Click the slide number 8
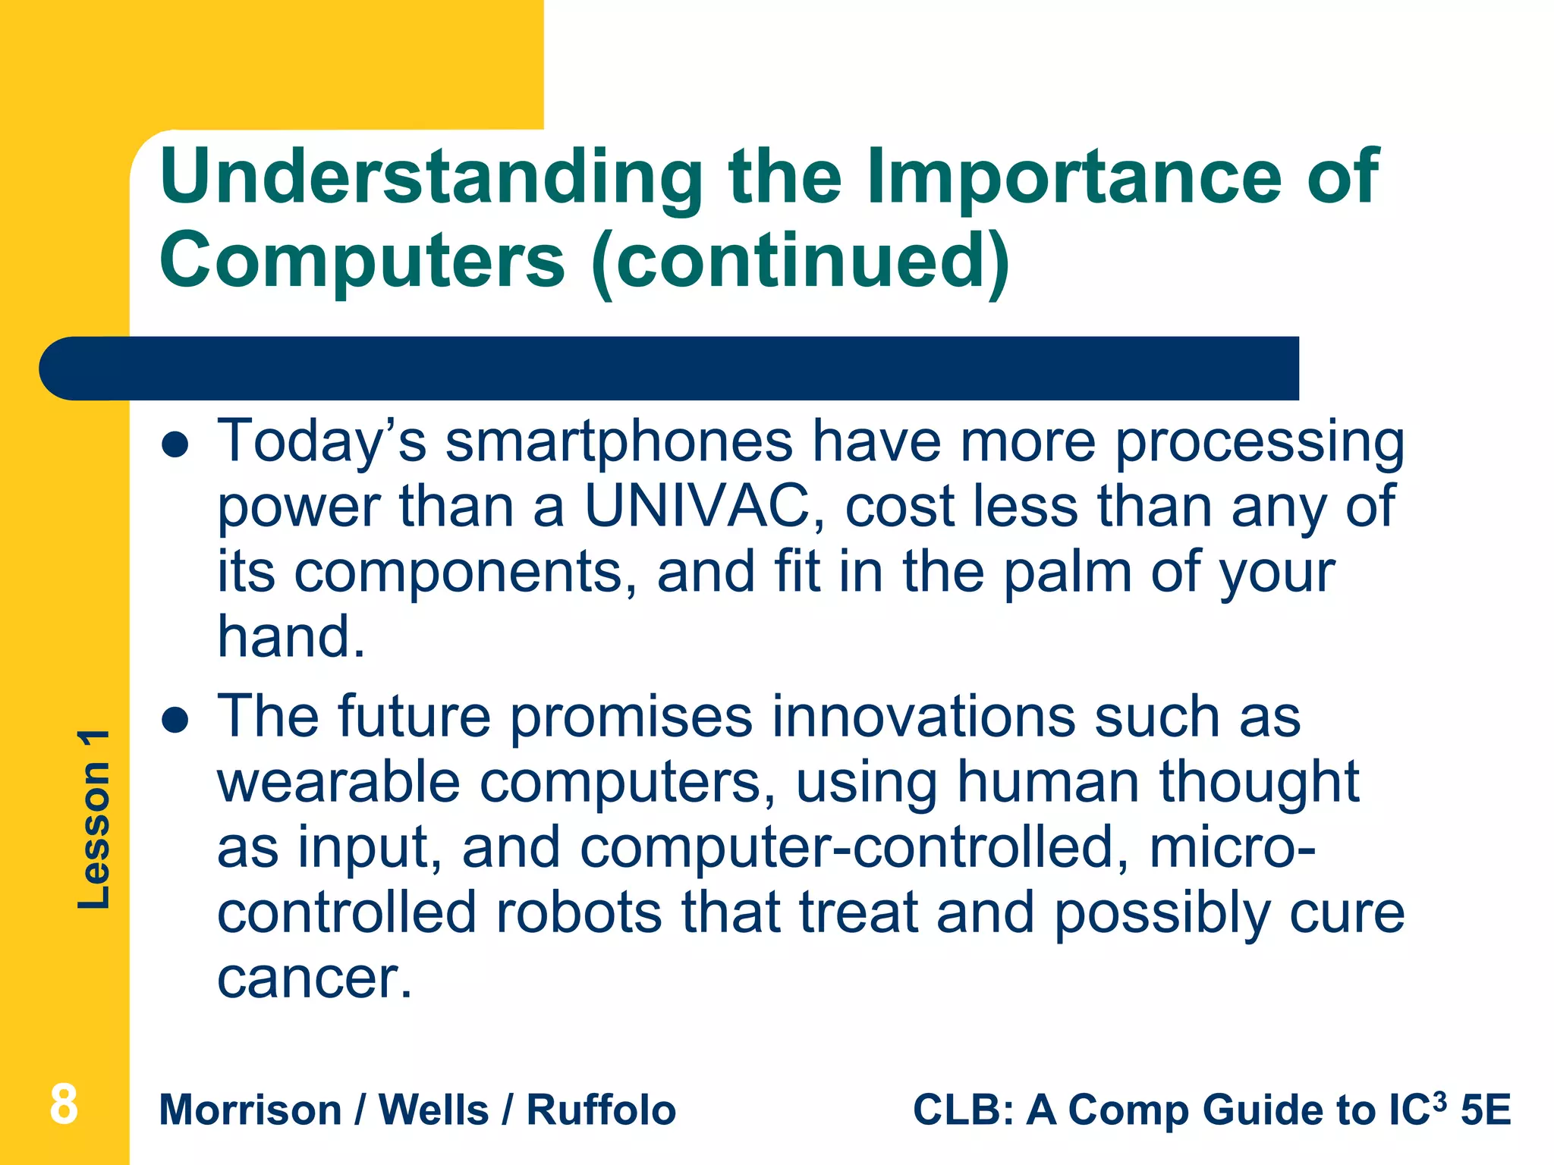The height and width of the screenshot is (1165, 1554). click(x=64, y=1105)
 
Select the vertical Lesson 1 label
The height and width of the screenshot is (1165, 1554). click(x=95, y=819)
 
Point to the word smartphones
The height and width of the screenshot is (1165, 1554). click(x=618, y=441)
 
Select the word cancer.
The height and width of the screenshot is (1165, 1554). click(x=315, y=978)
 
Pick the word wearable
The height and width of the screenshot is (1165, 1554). click(x=338, y=782)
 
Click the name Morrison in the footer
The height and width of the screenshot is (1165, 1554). click(x=250, y=1110)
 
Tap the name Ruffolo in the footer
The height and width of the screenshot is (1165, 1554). click(x=601, y=1110)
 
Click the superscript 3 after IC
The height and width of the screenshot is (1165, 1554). click(x=1439, y=1099)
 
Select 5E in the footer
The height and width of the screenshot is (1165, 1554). click(x=1486, y=1110)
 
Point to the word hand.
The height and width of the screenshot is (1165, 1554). click(x=291, y=637)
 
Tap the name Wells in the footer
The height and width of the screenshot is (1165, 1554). click(x=433, y=1110)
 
